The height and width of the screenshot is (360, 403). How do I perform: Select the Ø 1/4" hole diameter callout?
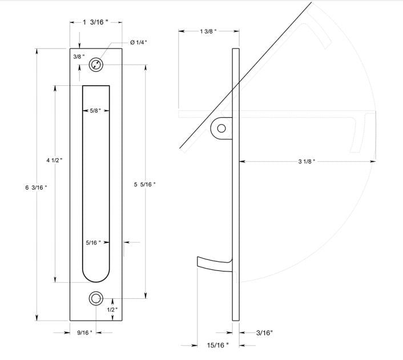coord(139,42)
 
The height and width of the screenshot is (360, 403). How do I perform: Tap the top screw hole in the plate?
coord(96,65)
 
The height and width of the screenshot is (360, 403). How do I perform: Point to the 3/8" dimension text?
coord(79,57)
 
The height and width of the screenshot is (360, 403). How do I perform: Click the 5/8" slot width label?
coord(95,110)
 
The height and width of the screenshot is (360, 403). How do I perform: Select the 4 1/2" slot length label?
coord(55,161)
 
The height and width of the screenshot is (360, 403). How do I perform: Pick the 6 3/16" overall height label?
coord(37,187)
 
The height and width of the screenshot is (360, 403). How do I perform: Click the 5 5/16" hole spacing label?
coord(144,184)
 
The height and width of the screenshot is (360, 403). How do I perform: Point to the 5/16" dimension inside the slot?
coord(94,242)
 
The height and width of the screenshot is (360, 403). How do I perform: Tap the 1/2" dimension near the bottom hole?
coord(112,309)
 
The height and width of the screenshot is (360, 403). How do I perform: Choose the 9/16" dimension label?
coord(85,333)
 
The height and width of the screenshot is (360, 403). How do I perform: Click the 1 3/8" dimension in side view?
coord(208,31)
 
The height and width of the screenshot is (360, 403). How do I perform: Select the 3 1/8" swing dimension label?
coord(307,162)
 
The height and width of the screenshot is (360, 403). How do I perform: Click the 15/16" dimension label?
coord(217,345)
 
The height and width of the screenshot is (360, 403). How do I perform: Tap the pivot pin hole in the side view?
coord(221,129)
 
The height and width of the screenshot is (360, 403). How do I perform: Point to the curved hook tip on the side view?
coord(200,261)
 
